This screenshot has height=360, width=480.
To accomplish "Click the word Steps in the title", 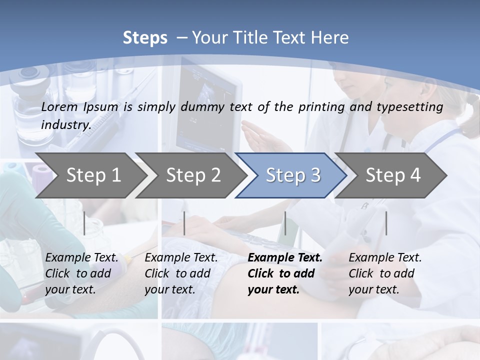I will click(145, 38).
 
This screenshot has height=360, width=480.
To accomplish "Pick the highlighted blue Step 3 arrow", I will click(293, 175).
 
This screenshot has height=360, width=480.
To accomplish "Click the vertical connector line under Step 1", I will click(84, 223).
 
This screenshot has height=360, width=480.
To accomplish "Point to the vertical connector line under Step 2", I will click(184, 223).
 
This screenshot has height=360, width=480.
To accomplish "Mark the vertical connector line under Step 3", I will click(285, 223).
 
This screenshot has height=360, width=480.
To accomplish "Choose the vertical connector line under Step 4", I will click(386, 223).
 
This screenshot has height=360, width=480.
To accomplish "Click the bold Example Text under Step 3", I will click(285, 258).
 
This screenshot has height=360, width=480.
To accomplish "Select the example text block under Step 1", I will click(81, 273).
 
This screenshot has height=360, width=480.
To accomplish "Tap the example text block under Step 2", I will click(181, 273).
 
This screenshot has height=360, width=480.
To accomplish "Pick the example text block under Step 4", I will click(385, 273).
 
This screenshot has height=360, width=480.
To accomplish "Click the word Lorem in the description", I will click(59, 106).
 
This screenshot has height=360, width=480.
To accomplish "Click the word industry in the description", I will click(65, 124).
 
